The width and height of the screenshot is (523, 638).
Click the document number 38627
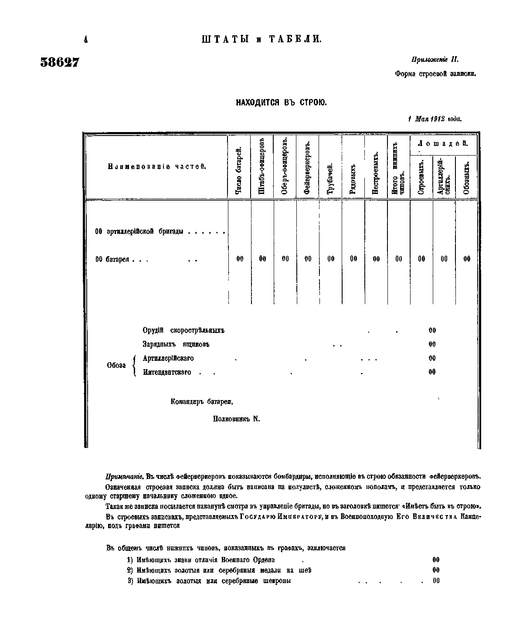coord(60,62)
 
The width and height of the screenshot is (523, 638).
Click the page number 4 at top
coord(85,40)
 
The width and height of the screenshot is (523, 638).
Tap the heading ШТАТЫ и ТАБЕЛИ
coord(261,39)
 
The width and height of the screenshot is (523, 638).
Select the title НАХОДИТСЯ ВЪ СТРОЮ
coord(281,103)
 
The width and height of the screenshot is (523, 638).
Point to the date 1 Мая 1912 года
coord(435,119)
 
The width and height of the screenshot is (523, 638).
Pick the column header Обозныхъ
coord(466,177)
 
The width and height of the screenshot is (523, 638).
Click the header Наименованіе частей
coord(156,167)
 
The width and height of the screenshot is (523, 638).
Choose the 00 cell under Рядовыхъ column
coord(353,259)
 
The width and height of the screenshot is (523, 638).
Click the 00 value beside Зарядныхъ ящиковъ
coord(432,344)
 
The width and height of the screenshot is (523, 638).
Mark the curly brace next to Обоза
coord(135,365)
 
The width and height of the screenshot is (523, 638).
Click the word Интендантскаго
coord(167,372)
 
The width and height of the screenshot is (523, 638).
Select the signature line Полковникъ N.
coord(236,419)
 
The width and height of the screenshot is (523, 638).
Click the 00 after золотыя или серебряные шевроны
coord(436,580)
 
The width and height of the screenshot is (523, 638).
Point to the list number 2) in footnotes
coord(129,570)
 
